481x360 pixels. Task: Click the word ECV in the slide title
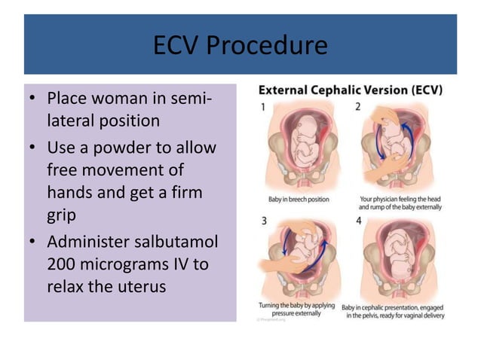tap(179, 46)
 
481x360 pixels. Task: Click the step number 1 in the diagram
tap(264, 107)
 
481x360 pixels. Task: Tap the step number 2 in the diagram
tap(357, 107)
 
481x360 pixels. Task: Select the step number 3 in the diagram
tap(264, 221)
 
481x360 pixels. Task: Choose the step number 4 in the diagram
tap(357, 221)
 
